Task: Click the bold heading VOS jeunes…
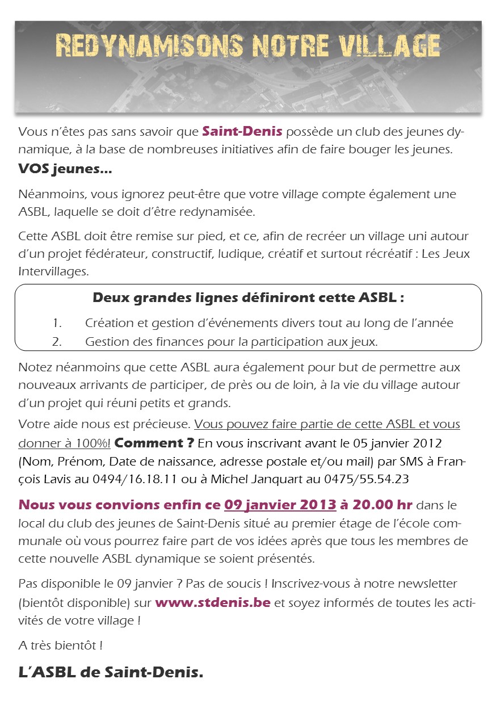(x=65, y=169)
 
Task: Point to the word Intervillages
(x=53, y=271)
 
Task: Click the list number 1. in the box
(x=57, y=323)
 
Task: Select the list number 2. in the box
(x=57, y=342)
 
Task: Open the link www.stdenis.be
(x=212, y=602)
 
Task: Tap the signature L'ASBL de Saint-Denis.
(x=111, y=673)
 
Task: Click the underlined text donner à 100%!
(x=64, y=443)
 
